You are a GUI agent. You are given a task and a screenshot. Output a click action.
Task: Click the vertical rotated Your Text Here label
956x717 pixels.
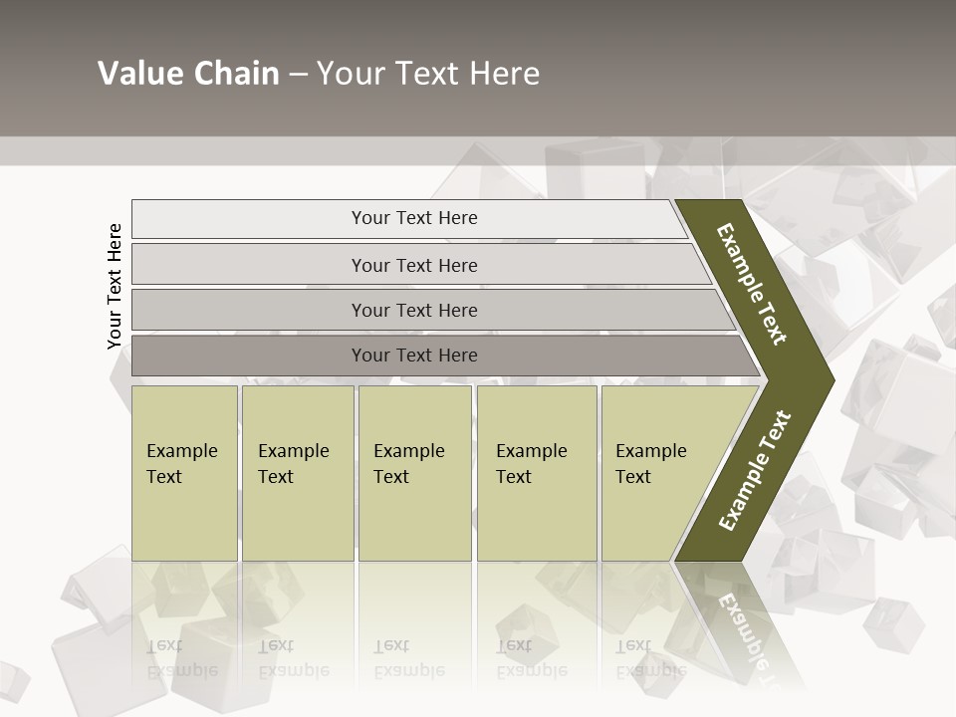[x=115, y=286]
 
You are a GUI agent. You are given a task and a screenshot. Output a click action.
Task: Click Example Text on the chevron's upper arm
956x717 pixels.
[x=752, y=285]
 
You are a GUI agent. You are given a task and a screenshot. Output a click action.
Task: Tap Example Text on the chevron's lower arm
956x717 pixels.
[x=755, y=470]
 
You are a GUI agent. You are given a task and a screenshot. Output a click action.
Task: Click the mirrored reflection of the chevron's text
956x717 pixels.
[x=752, y=632]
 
